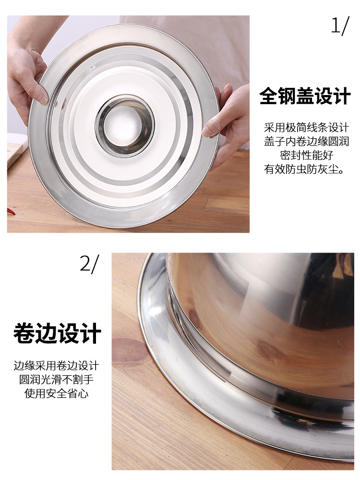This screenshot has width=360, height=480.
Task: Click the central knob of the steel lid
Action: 124,125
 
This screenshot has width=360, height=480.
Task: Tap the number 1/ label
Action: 340,26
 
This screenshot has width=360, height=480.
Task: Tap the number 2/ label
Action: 89,264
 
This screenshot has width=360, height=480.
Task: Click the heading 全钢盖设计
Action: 305,96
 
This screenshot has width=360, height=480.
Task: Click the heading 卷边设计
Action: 57,333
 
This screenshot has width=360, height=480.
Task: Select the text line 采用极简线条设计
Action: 306,127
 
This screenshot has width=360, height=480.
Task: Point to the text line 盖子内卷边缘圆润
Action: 306,141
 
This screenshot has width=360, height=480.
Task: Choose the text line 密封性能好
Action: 306,155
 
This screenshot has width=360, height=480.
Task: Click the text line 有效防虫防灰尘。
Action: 305,169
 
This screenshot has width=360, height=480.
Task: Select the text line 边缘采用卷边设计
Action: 56,365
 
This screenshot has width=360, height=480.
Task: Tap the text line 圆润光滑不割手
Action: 56,380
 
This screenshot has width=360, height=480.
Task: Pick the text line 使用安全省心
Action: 56,394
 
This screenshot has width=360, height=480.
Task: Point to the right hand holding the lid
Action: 228,122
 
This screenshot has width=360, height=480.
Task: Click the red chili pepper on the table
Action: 11,211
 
